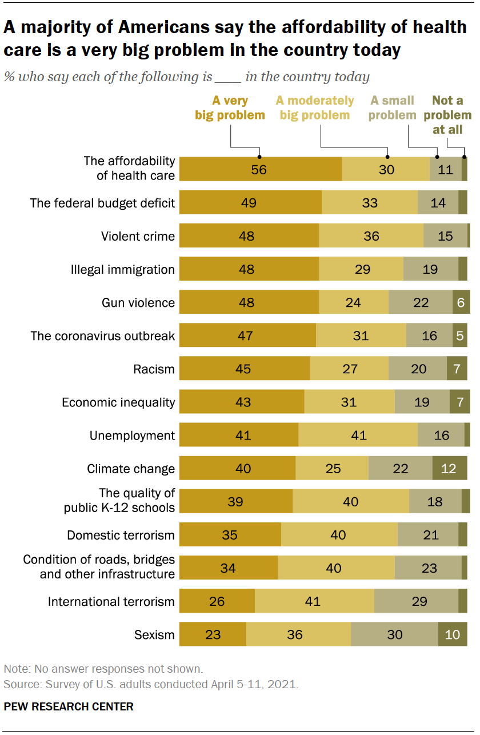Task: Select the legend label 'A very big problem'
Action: click(x=230, y=108)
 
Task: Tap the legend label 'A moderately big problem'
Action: click(x=315, y=108)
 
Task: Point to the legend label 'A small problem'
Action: click(x=393, y=108)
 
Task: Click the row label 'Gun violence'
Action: click(x=137, y=302)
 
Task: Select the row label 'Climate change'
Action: click(x=131, y=469)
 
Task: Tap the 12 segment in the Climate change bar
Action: click(x=449, y=469)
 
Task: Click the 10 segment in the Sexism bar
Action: click(x=452, y=634)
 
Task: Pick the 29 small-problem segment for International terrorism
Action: click(x=415, y=601)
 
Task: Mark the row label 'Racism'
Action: click(x=154, y=369)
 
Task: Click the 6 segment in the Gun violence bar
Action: click(x=461, y=302)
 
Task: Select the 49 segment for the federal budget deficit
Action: click(x=248, y=203)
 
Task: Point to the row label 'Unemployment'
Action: click(x=132, y=436)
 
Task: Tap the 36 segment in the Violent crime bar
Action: click(x=371, y=236)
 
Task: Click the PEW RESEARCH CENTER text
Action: click(x=69, y=706)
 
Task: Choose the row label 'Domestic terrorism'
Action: click(x=121, y=536)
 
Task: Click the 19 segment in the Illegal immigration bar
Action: click(x=430, y=269)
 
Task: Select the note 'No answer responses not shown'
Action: click(x=103, y=668)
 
